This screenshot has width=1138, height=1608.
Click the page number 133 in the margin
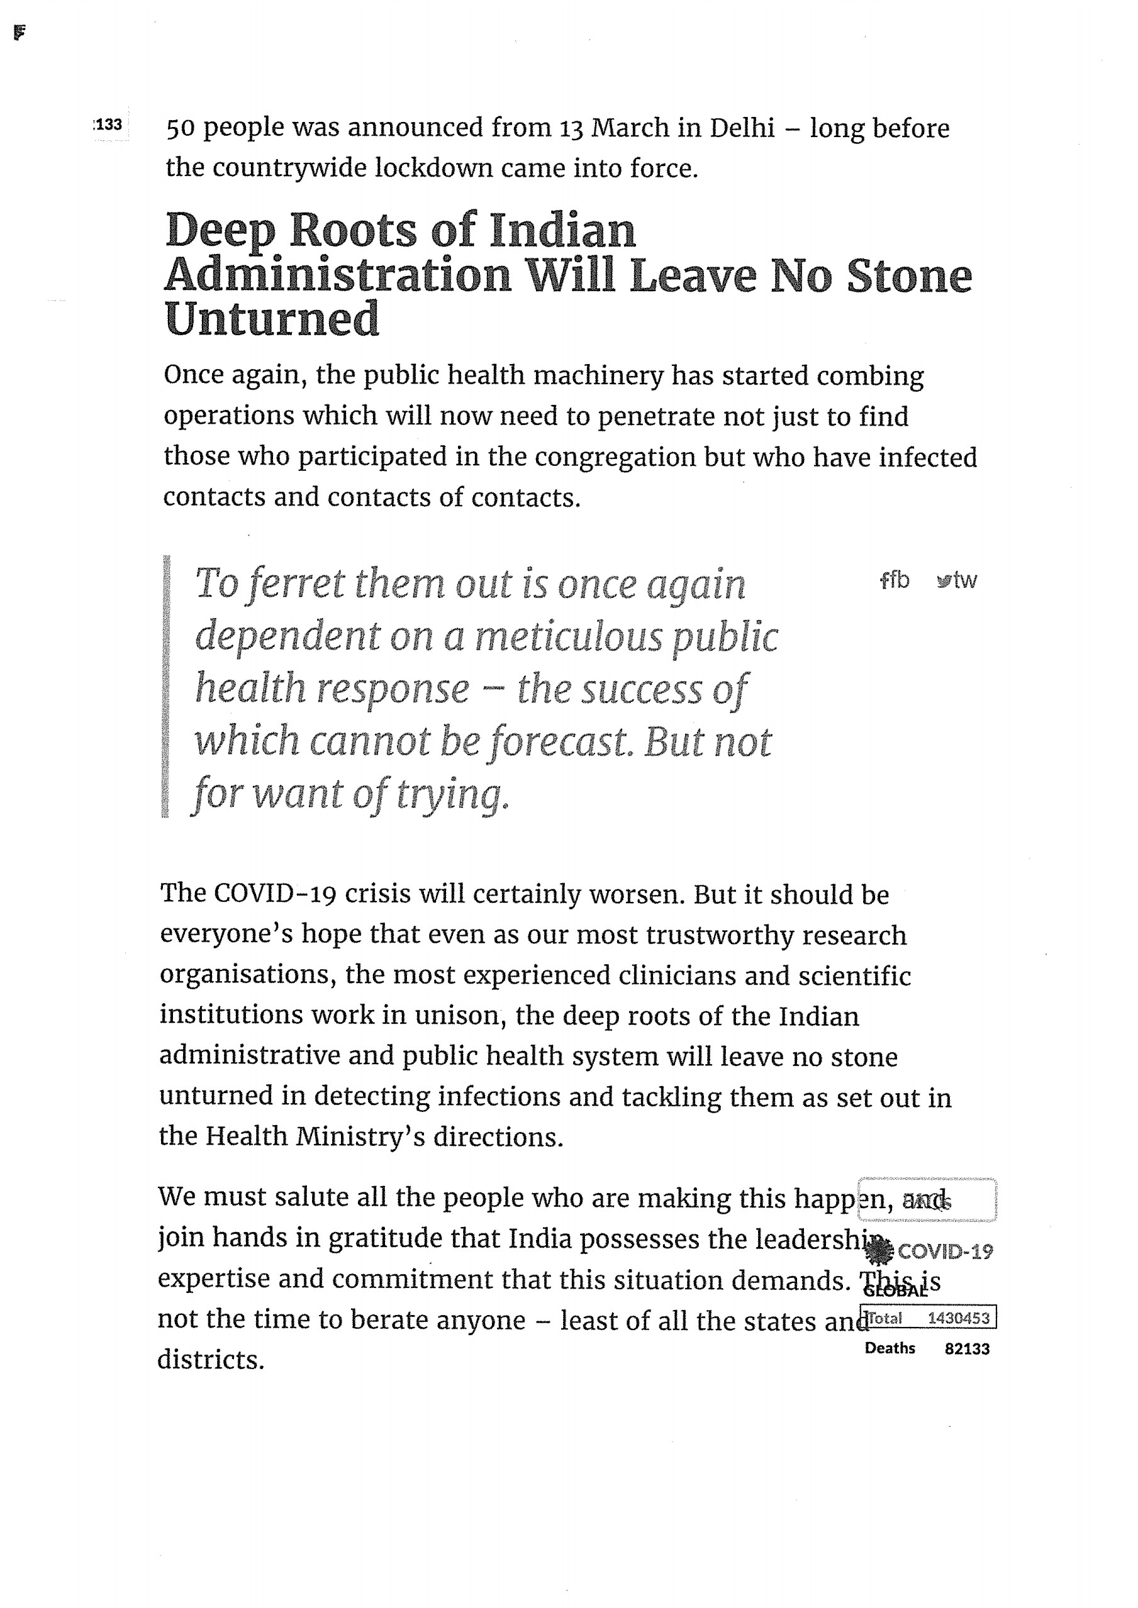tap(109, 125)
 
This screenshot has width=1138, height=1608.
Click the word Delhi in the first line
tap(742, 128)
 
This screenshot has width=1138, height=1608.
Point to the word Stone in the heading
tap(909, 276)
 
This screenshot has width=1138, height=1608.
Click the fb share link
tap(895, 580)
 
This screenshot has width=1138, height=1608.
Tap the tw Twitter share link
tap(957, 580)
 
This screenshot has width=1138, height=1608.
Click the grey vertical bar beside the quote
tap(165, 686)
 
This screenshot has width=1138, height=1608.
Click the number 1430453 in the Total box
tap(958, 1318)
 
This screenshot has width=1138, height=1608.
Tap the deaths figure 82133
tap(966, 1349)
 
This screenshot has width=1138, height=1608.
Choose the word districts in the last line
tap(211, 1360)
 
